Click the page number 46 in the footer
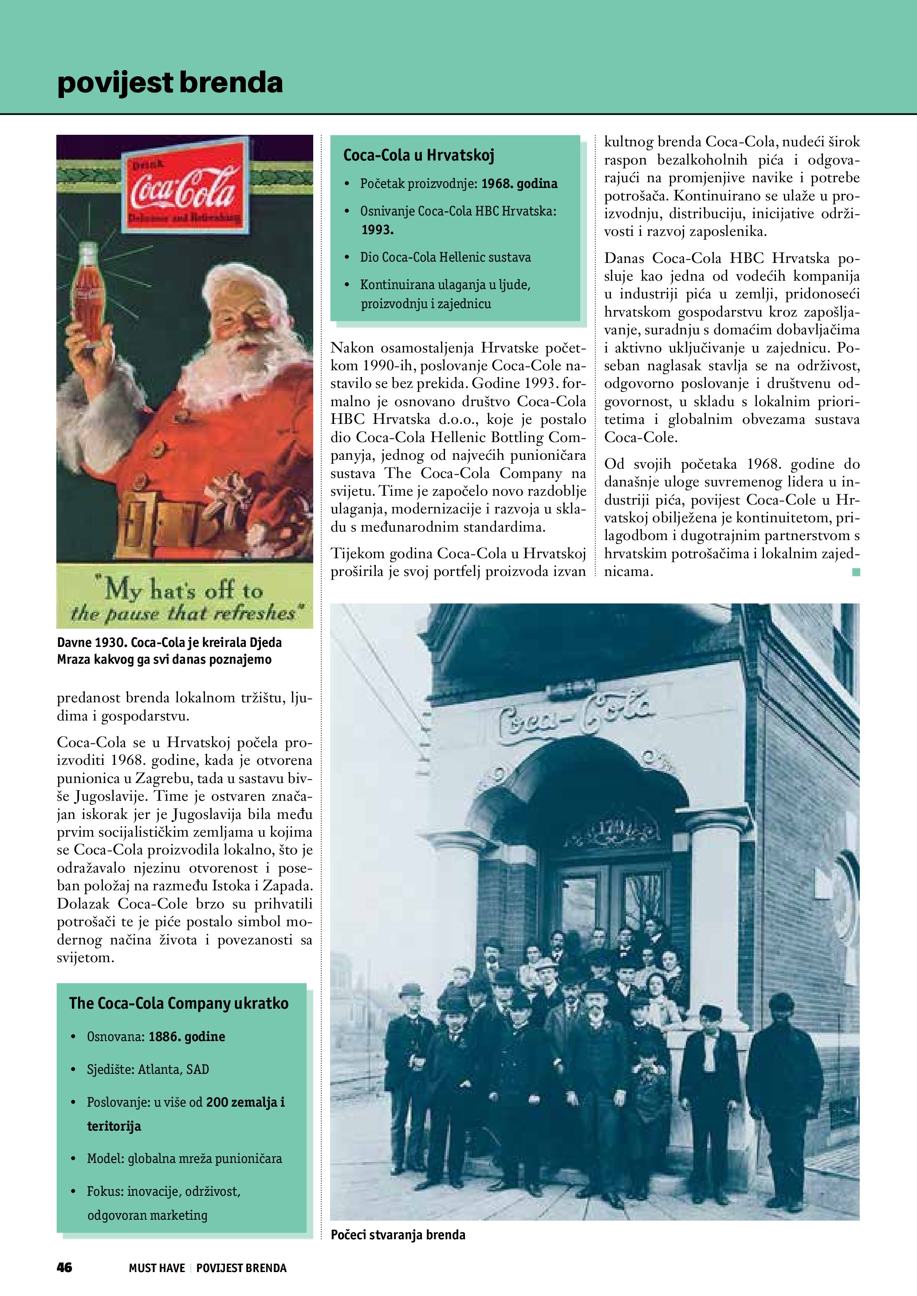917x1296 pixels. [x=64, y=1267]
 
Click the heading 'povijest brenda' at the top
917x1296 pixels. [x=169, y=82]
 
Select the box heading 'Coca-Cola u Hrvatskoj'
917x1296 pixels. [x=418, y=155]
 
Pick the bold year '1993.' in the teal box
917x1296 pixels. [x=377, y=230]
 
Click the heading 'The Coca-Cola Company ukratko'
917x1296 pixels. [x=178, y=1003]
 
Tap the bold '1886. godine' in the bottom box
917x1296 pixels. [x=187, y=1036]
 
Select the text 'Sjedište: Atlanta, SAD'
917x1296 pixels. [x=148, y=1069]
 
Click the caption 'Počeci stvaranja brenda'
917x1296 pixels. [x=398, y=1234]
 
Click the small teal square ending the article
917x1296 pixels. [x=856, y=572]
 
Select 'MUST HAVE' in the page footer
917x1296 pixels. [x=157, y=1268]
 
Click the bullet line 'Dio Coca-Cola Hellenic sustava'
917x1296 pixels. [x=445, y=258]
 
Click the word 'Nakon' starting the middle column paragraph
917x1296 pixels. [x=352, y=347]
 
